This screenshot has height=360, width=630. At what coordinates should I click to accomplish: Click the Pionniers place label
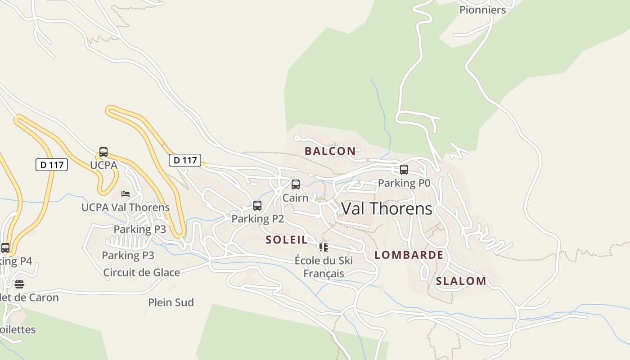click(482, 10)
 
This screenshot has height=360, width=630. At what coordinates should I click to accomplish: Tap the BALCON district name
click(330, 151)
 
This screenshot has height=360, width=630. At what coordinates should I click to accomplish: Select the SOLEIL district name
click(287, 240)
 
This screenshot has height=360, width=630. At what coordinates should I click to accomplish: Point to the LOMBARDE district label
click(409, 255)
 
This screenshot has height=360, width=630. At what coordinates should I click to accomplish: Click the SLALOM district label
click(461, 281)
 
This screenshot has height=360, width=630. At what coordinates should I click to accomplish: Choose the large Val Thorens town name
click(387, 209)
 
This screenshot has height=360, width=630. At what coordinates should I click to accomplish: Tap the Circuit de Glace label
click(142, 273)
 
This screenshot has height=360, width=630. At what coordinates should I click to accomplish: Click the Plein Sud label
click(171, 302)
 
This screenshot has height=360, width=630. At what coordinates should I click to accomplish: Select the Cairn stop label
click(296, 198)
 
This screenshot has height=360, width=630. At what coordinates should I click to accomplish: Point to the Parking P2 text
click(258, 219)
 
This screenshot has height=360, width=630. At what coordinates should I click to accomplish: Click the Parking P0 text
click(404, 183)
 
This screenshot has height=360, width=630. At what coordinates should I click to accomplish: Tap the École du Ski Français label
click(324, 267)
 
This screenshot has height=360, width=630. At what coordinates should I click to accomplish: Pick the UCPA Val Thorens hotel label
click(126, 207)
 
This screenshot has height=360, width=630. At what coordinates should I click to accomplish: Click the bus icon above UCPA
click(103, 152)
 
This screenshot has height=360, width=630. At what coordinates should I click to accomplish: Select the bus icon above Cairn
click(296, 184)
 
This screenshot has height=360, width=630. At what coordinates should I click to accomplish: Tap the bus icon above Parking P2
click(257, 206)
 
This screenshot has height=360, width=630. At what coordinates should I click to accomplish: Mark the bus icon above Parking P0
click(404, 170)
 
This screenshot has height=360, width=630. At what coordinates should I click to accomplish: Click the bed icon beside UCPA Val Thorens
click(126, 194)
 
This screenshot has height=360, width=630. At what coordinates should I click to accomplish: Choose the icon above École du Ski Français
click(323, 247)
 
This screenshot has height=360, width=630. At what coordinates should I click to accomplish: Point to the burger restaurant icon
click(19, 284)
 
